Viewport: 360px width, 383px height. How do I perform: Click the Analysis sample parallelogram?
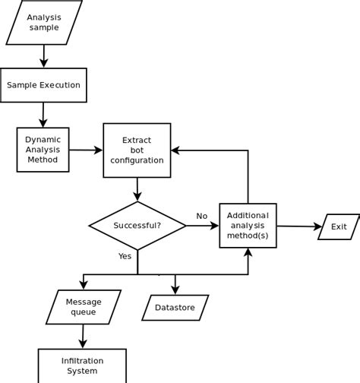pos(44,22)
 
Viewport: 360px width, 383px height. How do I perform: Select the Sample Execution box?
pos(43,85)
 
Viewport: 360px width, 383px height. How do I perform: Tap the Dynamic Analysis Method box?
pos(43,150)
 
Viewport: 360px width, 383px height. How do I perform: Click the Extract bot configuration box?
pos(137,150)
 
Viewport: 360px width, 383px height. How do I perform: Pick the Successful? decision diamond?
pos(137,226)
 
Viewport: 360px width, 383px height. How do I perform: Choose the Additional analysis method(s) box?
pos(248,226)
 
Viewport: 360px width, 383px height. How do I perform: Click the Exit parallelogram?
pos(339,226)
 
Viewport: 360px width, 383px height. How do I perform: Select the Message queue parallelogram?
pos(84,307)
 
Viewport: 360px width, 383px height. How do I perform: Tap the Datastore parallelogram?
pos(175,308)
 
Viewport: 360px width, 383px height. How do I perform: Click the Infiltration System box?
pos(82,366)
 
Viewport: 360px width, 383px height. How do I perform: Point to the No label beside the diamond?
pos(202,216)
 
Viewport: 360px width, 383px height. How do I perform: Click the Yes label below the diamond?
pos(125,256)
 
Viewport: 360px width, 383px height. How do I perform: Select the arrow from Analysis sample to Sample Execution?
pos(44,56)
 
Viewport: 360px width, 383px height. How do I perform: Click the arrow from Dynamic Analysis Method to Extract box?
pos(86,150)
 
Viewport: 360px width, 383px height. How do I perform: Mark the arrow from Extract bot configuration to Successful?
pos(137,189)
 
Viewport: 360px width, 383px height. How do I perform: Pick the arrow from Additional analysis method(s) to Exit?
pos(299,226)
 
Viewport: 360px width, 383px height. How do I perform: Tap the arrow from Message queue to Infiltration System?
pos(83,337)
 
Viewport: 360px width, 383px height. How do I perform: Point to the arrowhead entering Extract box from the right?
pos(175,150)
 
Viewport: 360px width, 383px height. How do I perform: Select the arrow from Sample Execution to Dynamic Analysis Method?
pos(43,115)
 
